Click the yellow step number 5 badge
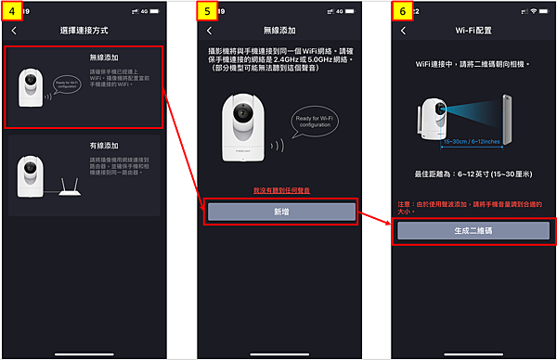coord(209,10)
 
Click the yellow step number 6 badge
coord(401,10)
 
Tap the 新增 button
coord(281,212)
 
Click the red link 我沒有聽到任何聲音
coord(280,189)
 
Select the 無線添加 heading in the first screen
coord(103,57)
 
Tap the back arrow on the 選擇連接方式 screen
coord(15,31)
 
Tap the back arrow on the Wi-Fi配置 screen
coord(402,31)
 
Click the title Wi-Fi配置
coord(473,31)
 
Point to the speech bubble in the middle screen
coord(317,122)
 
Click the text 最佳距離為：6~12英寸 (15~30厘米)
coord(473,174)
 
